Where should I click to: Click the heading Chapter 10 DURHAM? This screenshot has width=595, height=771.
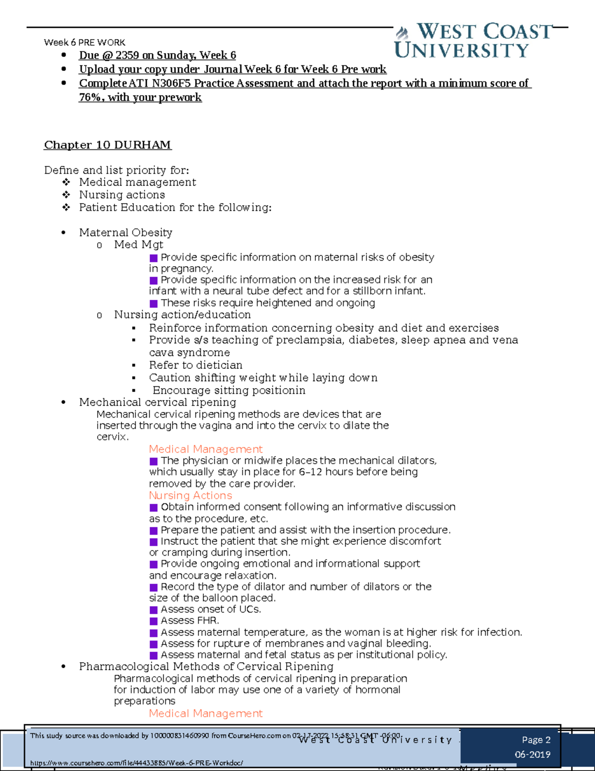108,145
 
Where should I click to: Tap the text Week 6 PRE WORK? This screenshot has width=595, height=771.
84,43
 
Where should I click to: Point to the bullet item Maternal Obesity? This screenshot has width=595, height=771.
125,232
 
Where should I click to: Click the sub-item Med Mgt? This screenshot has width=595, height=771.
138,245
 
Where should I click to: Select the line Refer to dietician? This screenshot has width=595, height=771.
196,365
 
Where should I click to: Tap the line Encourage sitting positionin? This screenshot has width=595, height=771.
229,390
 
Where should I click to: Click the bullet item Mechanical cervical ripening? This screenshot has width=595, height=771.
157,402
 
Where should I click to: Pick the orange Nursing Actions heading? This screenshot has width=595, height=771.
190,495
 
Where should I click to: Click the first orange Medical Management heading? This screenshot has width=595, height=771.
205,449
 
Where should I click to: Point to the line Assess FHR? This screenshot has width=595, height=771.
189,621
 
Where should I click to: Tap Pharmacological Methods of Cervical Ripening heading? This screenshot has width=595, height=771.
206,666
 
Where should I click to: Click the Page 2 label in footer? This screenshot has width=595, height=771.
536,740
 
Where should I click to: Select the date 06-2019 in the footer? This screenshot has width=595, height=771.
533,755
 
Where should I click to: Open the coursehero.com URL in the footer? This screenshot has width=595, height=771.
136,763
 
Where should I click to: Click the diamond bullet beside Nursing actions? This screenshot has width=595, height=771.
66,195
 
